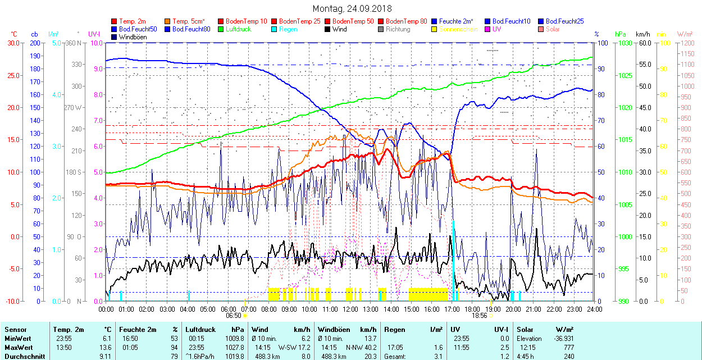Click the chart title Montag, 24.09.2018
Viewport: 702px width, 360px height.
point(352,8)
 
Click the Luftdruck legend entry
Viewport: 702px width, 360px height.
point(238,29)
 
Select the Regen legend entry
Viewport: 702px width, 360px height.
point(288,29)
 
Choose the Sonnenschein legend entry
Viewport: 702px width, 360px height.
point(458,29)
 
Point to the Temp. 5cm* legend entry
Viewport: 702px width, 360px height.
point(189,21)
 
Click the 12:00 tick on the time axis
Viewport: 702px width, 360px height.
point(350,309)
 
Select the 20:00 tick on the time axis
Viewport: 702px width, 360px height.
point(513,309)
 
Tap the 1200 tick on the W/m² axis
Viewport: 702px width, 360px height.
point(686,43)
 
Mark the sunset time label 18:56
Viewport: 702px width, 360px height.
point(479,316)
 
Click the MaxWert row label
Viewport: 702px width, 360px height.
point(18,347)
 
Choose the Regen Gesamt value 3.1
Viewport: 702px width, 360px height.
point(438,356)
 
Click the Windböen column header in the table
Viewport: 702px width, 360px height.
point(336,330)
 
